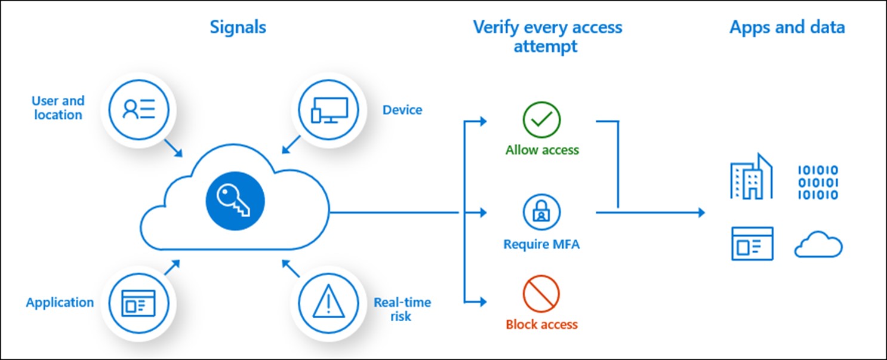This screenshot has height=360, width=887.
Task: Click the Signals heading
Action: click(x=238, y=27)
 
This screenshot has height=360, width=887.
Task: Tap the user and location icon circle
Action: click(x=139, y=109)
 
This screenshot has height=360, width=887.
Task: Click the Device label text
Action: click(x=402, y=110)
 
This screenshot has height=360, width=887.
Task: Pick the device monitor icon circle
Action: click(x=328, y=109)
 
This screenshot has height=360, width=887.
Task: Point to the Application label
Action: click(x=60, y=303)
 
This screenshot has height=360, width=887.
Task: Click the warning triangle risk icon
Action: click(x=328, y=301)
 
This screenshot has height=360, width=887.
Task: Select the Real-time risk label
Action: click(x=402, y=309)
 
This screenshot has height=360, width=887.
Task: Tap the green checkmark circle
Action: click(x=541, y=120)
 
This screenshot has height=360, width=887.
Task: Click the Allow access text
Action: click(x=542, y=150)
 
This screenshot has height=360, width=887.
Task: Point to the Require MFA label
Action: click(x=541, y=244)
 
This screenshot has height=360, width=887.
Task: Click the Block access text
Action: click(x=542, y=325)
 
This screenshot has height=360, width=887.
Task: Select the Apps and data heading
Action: click(x=787, y=27)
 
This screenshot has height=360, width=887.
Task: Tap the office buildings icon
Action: click(x=751, y=176)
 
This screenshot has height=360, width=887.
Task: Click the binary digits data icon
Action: click(x=818, y=182)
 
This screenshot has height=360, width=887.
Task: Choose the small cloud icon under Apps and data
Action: click(x=818, y=245)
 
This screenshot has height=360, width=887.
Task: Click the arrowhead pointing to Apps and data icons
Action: click(x=700, y=212)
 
